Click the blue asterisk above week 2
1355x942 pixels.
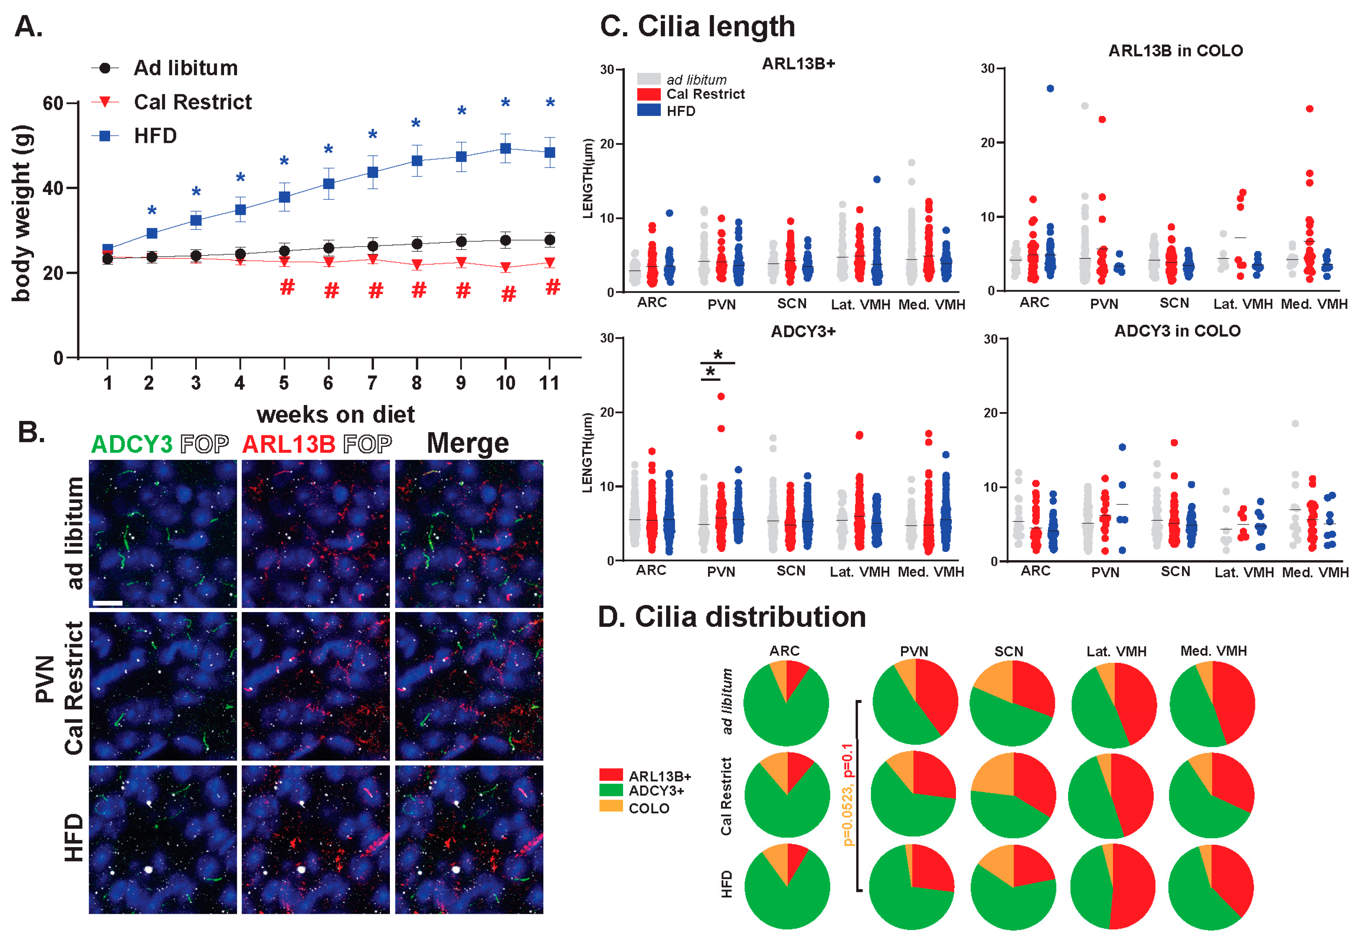pyautogui.click(x=152, y=211)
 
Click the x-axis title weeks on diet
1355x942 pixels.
pyautogui.click(x=335, y=414)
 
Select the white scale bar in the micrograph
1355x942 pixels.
pyautogui.click(x=107, y=603)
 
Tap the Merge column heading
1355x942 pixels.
pyautogui.click(x=467, y=443)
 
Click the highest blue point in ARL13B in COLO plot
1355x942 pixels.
pyautogui.click(x=1050, y=88)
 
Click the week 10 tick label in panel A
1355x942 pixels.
pyautogui.click(x=505, y=383)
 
